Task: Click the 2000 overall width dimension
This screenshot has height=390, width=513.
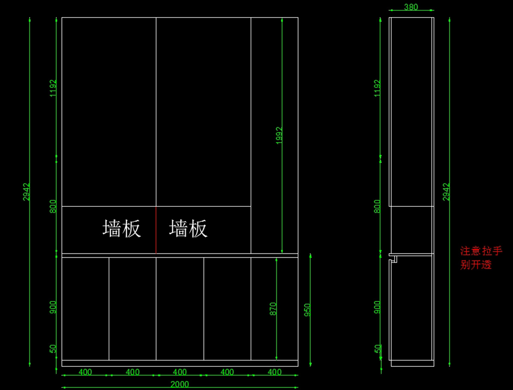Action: (x=180, y=384)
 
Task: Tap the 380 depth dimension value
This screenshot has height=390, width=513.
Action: (x=411, y=7)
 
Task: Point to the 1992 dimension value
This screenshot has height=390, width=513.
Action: (x=279, y=135)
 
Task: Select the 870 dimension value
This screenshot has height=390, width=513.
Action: (x=274, y=309)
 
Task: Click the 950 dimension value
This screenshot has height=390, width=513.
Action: (x=307, y=310)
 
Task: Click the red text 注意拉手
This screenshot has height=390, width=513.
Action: (x=481, y=251)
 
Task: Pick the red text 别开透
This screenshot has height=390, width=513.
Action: (x=476, y=265)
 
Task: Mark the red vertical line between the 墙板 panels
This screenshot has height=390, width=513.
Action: (x=156, y=230)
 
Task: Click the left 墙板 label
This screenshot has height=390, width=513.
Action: (x=122, y=229)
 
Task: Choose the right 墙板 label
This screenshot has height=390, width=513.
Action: (x=188, y=229)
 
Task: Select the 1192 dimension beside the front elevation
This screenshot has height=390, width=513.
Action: (x=53, y=88)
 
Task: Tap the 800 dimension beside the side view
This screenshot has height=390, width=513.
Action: (x=377, y=206)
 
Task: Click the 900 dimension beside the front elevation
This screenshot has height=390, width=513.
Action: (x=53, y=307)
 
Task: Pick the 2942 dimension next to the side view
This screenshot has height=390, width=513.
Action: (x=447, y=192)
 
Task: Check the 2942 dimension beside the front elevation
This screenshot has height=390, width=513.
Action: (x=27, y=192)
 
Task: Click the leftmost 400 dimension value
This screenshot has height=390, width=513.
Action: (x=85, y=372)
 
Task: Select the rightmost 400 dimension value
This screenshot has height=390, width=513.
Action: (x=274, y=372)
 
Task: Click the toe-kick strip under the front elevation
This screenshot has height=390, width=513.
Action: (x=180, y=363)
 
